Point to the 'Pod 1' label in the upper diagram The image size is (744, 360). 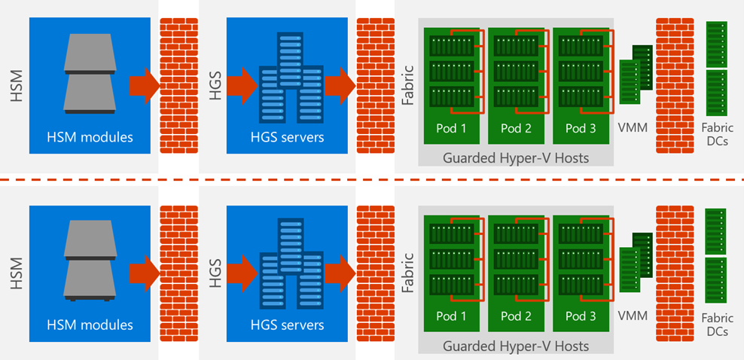click(x=452, y=128)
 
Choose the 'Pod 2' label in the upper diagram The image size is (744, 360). click(x=517, y=128)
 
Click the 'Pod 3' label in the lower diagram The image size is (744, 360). click(x=581, y=316)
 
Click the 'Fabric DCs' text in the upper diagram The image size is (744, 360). click(x=716, y=134)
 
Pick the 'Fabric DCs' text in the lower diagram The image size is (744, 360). click(x=716, y=325)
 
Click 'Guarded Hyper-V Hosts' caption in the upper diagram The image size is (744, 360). click(x=516, y=157)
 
